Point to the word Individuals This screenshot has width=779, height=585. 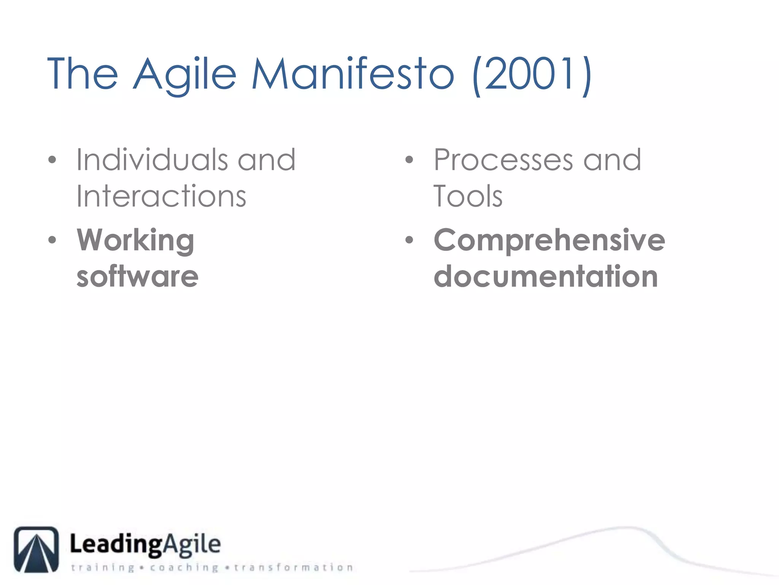[152, 160]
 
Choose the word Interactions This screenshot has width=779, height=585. [161, 196]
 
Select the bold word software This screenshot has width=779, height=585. [137, 276]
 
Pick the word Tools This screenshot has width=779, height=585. [468, 196]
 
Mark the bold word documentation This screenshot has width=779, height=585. [546, 276]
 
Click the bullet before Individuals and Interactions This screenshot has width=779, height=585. [52, 160]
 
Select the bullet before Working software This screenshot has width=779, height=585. [52, 240]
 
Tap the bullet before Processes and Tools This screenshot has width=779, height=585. [409, 160]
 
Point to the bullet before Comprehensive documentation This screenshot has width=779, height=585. [409, 240]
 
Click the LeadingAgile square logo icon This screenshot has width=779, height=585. [37, 549]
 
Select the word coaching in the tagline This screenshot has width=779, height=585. [184, 567]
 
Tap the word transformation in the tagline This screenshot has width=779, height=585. [293, 567]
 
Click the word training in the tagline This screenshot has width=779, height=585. [103, 567]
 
